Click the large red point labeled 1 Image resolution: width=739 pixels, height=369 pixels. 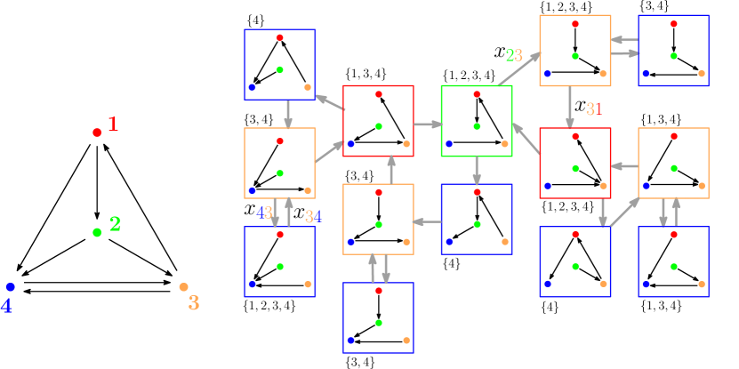pos(97,132)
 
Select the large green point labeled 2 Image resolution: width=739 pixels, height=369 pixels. pos(97,232)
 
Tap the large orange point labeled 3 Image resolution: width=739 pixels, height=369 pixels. pos(183,287)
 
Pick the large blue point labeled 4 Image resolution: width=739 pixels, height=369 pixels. pos(11,287)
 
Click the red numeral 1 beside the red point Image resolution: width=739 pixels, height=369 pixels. pos(113,124)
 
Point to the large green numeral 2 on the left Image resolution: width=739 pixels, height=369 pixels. pos(115,224)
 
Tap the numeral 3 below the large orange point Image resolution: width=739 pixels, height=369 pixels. pos(193,303)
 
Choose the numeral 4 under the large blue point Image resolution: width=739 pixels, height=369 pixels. pos(7,306)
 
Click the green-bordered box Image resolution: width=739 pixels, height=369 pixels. pos(477,121)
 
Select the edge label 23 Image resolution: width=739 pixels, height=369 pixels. pos(514,55)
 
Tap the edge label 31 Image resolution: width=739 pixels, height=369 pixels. pos(594,109)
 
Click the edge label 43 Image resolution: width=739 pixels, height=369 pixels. pos(264,213)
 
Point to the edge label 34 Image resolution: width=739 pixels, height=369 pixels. pos(313,216)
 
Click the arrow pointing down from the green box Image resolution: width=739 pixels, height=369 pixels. pos(477,171)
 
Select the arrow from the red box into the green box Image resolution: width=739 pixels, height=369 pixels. pos(427,124)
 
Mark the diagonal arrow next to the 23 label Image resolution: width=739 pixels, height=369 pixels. pos(519,68)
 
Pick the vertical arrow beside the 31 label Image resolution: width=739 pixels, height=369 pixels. pos(570,108)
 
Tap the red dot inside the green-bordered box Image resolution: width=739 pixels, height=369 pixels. pos(477,93)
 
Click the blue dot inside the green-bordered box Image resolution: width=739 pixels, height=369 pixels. pos(449,143)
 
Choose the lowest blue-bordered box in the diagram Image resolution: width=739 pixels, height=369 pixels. pos(378,318)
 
